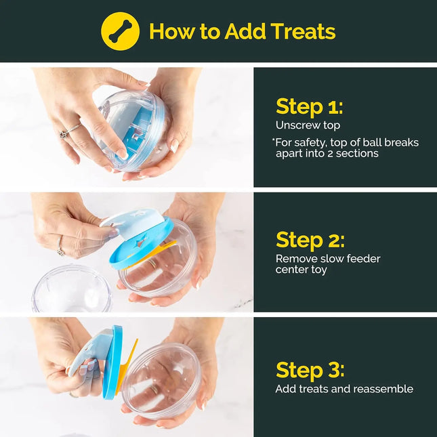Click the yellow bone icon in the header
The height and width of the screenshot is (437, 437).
pos(120,31)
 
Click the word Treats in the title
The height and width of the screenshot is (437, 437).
pos(302,31)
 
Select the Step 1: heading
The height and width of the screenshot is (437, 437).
pos(309,106)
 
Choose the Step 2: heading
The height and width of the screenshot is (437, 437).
pos(310,240)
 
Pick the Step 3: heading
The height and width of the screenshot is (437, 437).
pos(310,370)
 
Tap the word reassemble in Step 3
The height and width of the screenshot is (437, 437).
pos(382,389)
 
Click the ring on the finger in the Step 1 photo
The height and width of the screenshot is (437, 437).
pos(66,132)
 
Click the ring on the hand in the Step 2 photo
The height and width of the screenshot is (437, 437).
pos(61,250)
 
